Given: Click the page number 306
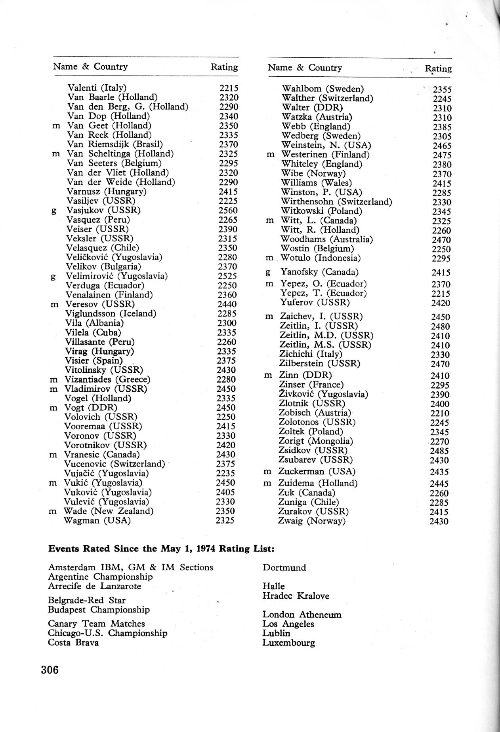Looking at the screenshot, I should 50,670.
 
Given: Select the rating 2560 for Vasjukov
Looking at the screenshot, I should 228,210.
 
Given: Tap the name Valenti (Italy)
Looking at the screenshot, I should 97,88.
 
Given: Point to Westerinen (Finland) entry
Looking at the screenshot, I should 325,155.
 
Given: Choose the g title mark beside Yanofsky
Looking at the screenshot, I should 268,273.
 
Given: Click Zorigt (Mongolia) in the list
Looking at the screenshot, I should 316,441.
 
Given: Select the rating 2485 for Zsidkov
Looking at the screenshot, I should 439,451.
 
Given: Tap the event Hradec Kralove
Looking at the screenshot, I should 296,596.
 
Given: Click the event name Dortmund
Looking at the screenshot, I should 284,568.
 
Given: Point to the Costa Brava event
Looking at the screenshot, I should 73,643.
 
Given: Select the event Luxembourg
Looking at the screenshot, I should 289,643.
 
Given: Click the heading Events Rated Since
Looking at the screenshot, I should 161,549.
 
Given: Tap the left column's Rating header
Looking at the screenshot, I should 224,67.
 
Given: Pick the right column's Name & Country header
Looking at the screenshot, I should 305,68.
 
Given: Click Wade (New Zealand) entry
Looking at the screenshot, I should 109,511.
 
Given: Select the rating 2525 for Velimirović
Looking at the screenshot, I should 227,276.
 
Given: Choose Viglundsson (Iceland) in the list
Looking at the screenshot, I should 111,314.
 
